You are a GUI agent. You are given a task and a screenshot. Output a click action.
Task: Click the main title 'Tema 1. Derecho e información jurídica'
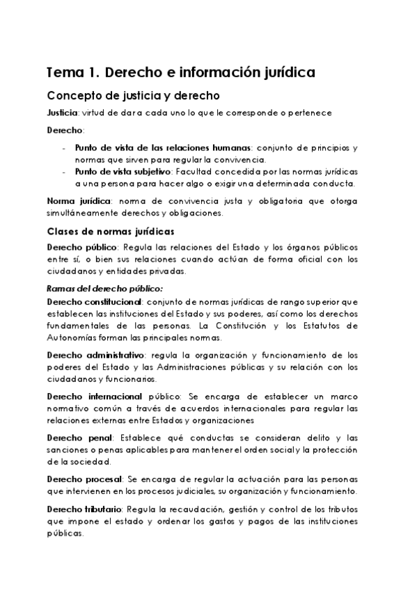pyautogui.click(x=180, y=72)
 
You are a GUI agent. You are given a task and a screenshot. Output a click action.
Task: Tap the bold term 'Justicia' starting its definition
pyautogui.click(x=62, y=113)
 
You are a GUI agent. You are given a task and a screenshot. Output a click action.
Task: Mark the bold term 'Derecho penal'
pyautogui.click(x=78, y=437)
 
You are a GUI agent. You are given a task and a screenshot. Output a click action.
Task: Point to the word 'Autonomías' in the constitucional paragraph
pyautogui.click(x=75, y=338)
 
